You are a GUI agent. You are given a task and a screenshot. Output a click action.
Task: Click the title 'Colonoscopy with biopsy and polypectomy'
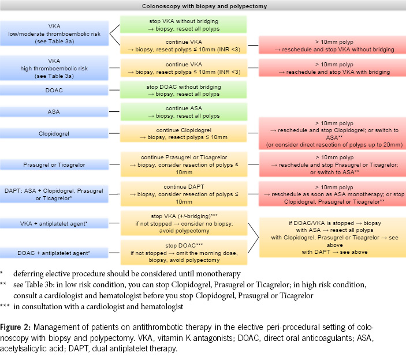(203, 6)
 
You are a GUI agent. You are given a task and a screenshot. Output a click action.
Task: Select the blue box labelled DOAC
(54, 90)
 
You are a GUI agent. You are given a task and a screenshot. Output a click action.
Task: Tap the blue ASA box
(54, 111)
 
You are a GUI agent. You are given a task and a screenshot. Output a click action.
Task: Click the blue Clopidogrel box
(54, 133)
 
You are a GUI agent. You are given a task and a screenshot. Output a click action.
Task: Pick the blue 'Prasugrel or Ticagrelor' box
(54, 165)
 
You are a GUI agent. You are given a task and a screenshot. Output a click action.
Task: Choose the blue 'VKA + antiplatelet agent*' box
(54, 222)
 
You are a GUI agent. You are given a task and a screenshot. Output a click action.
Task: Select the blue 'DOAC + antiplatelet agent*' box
(54, 252)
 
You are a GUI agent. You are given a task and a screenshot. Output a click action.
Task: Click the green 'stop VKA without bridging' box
(182, 24)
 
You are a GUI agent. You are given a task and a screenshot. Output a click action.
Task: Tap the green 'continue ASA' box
(182, 111)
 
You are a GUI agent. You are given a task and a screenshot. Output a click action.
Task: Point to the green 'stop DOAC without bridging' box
(182, 90)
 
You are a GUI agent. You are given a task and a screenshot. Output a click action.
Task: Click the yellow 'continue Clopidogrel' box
(182, 133)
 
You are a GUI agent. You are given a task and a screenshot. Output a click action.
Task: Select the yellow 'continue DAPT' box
(182, 194)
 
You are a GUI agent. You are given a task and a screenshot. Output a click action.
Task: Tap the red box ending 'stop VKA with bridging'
(331, 68)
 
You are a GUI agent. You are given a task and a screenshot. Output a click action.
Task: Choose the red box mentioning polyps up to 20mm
(331, 134)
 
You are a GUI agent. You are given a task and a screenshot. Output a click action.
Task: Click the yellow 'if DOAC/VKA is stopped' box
(331, 237)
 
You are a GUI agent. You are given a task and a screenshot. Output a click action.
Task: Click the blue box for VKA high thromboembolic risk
(54, 68)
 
